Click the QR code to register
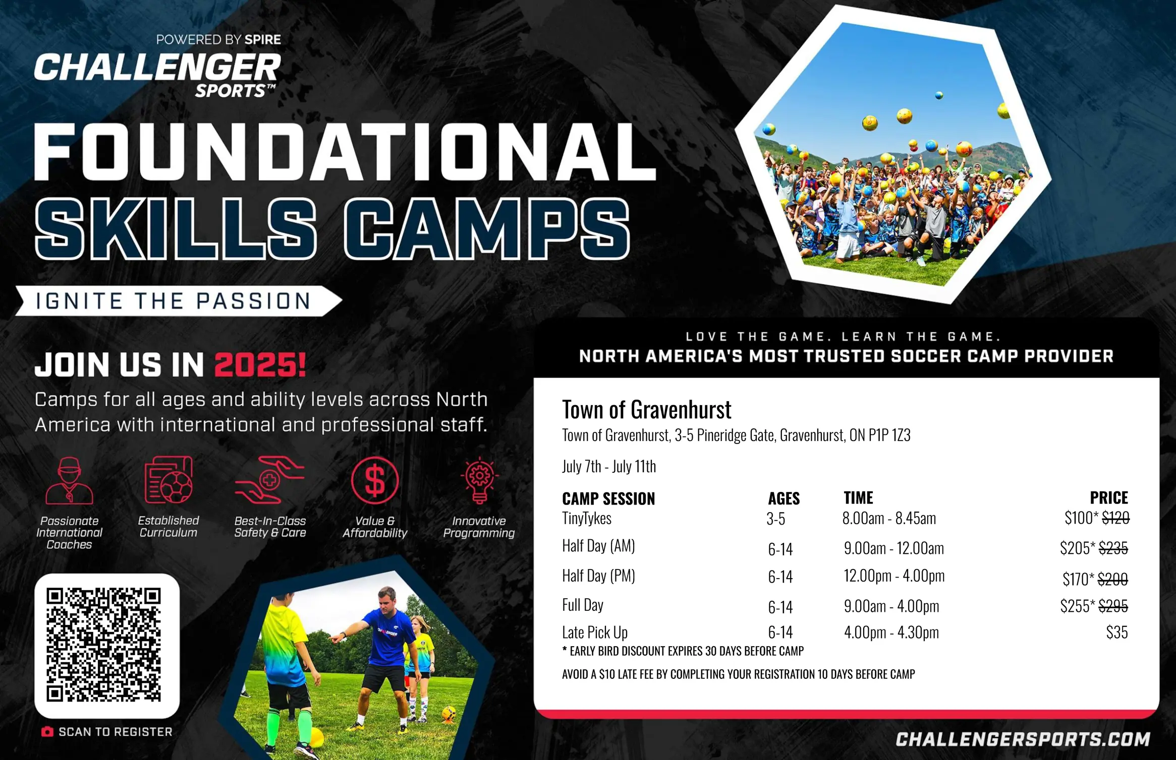pyautogui.click(x=103, y=645)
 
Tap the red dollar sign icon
pyautogui.click(x=375, y=480)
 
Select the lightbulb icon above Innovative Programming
pyautogui.click(x=479, y=480)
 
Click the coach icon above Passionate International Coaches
pyautogui.click(x=69, y=480)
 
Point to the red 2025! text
pyautogui.click(x=260, y=364)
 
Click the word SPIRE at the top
pyautogui.click(x=262, y=39)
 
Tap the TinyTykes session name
pyautogui.click(x=587, y=518)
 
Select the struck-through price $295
pyautogui.click(x=1113, y=605)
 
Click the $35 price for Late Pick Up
pyautogui.click(x=1117, y=632)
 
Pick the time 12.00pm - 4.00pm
pyautogui.click(x=894, y=576)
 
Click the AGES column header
pyautogui.click(x=783, y=498)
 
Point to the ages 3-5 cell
pyautogui.click(x=776, y=519)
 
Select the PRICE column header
pyautogui.click(x=1109, y=498)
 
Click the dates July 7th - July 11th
pyautogui.click(x=609, y=466)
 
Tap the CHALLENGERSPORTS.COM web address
pyautogui.click(x=1023, y=739)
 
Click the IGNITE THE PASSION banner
pyautogui.click(x=179, y=301)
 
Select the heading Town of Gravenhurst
pyautogui.click(x=647, y=409)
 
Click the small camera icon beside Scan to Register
pyautogui.click(x=47, y=732)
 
